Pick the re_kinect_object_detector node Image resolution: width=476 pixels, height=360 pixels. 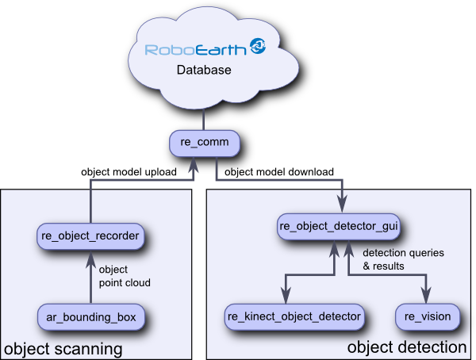[293, 316]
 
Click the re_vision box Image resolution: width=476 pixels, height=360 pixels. [427, 316]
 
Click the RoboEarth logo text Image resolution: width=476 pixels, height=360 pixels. [196, 49]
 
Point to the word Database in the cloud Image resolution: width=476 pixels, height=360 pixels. [205, 70]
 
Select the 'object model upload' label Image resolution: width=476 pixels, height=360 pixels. [129, 171]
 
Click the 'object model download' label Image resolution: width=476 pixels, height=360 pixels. [279, 171]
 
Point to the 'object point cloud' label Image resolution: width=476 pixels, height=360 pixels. [124, 276]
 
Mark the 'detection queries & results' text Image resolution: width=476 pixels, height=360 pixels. [403, 259]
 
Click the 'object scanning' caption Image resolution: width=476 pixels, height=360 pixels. [63, 348]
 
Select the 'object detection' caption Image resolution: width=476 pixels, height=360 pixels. [407, 347]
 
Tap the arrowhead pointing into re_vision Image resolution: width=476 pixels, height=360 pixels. [428, 297]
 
